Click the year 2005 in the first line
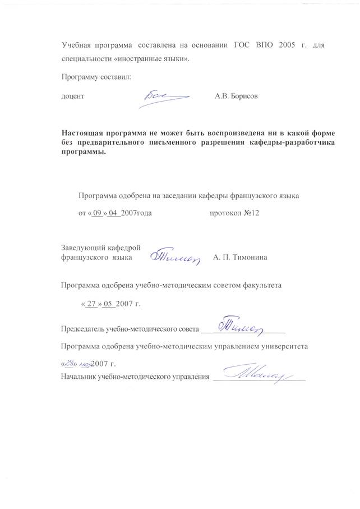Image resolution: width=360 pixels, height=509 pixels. tap(286, 45)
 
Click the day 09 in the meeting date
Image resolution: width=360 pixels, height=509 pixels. tap(99, 213)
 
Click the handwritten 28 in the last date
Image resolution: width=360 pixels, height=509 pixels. tap(68, 364)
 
